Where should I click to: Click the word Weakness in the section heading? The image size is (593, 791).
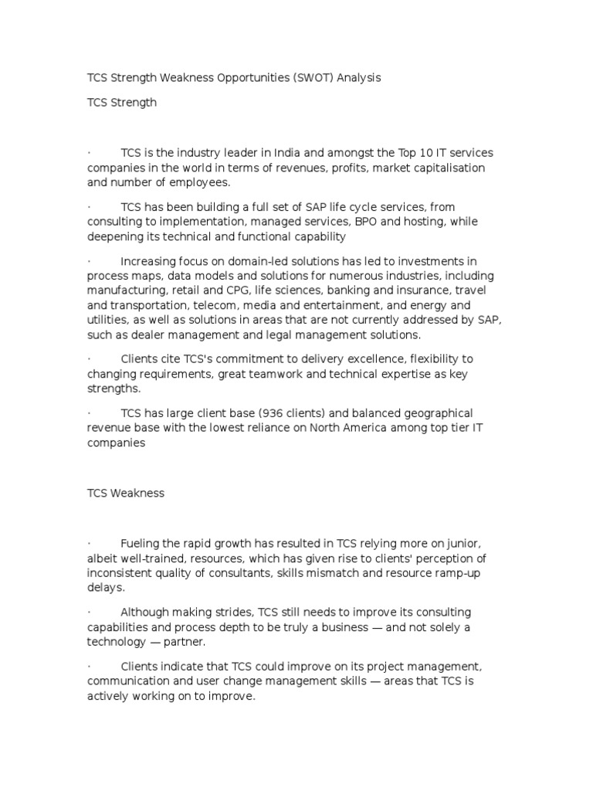(137, 494)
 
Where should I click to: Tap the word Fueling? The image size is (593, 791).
(141, 544)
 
